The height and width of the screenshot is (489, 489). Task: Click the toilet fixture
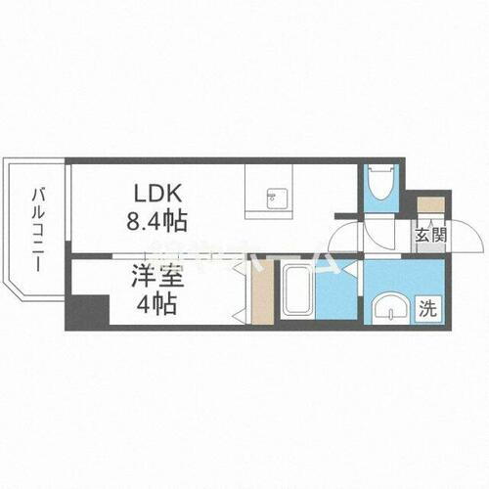(x=378, y=187)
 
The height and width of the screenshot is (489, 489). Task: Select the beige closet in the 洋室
(x=259, y=292)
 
